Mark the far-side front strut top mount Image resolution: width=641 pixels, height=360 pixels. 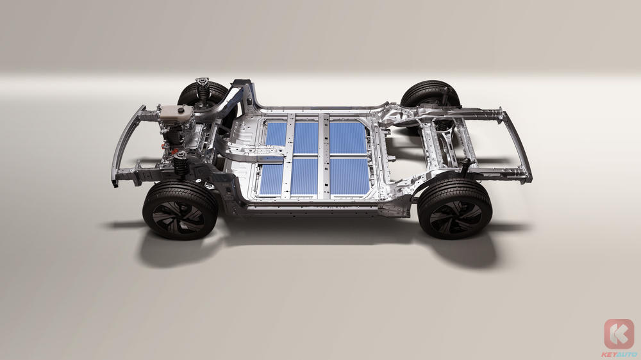[x=203, y=82]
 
